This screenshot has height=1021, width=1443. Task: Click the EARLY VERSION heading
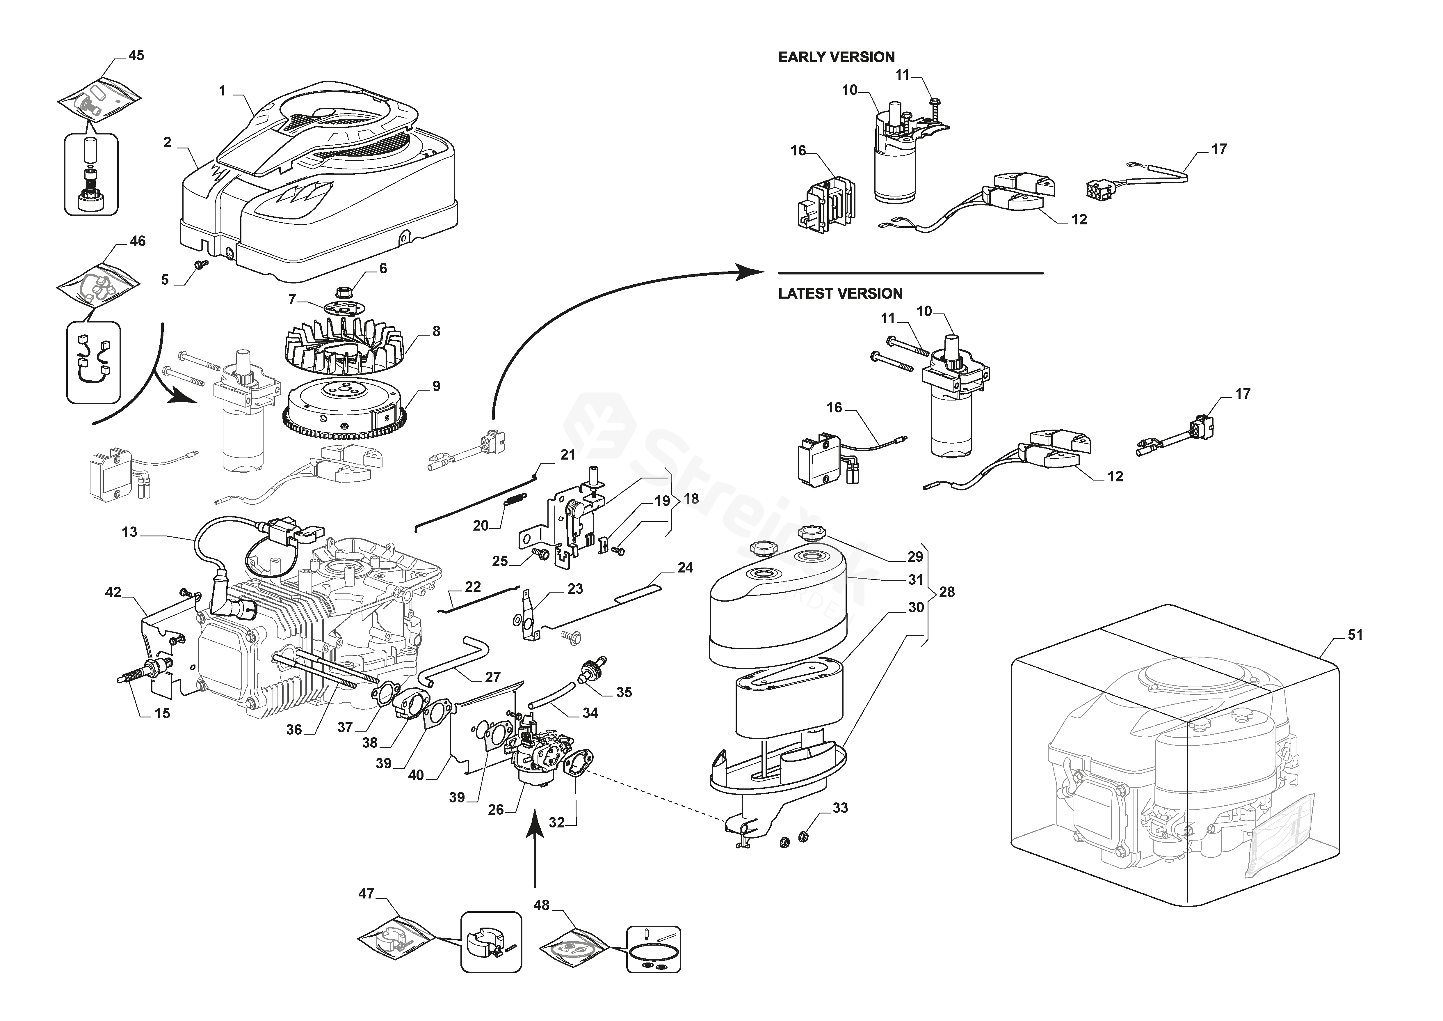click(x=836, y=57)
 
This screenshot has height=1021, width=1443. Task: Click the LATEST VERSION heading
click(x=840, y=294)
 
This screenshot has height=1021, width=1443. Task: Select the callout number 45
click(x=136, y=55)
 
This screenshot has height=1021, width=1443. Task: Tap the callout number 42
click(x=113, y=592)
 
